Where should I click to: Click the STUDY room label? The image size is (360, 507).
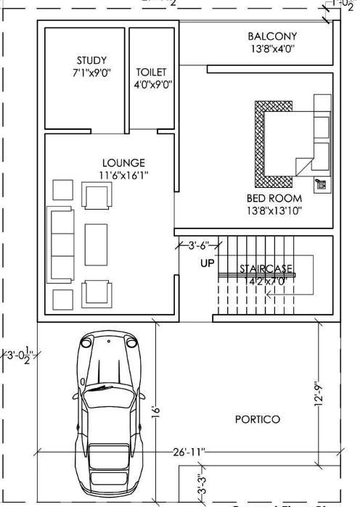(91, 60)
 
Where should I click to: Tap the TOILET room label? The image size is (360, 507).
(151, 73)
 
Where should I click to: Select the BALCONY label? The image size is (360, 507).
(272, 36)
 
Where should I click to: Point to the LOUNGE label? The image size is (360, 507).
(123, 162)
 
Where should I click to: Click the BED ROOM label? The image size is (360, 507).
(274, 197)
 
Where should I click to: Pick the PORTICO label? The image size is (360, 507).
(258, 419)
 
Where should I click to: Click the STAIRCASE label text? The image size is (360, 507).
(264, 268)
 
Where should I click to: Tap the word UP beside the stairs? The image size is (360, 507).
(208, 263)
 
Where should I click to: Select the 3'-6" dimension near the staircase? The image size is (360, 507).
(199, 245)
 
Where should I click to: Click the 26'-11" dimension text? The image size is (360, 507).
(189, 452)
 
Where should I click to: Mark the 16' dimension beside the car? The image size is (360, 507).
(154, 411)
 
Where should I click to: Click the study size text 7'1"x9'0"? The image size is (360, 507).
(91, 73)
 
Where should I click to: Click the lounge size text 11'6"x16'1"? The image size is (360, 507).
(123, 175)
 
